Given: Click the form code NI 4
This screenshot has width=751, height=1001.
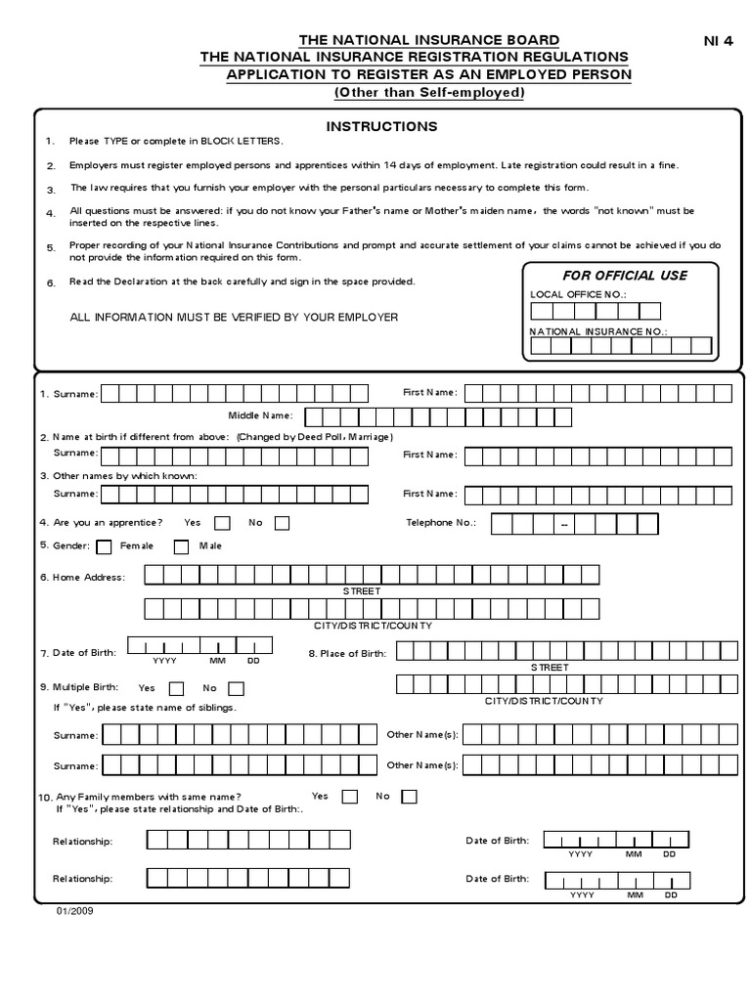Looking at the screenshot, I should (719, 40).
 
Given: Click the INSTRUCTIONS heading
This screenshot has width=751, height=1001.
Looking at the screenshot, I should (381, 126).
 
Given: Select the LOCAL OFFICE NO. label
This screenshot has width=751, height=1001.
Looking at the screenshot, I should (577, 294).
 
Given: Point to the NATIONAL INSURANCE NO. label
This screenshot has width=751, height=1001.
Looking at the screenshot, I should (598, 331).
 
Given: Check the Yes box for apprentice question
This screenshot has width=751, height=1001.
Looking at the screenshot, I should (223, 523).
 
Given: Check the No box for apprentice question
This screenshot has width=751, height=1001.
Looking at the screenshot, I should (282, 523).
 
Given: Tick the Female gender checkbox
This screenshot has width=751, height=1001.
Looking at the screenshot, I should (104, 546).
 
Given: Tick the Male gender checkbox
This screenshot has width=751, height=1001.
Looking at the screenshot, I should (181, 546).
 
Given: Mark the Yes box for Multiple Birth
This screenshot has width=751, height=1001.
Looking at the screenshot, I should (177, 688).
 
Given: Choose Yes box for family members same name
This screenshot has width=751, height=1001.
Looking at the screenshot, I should (349, 796).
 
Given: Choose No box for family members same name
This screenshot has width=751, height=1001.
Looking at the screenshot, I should (409, 796).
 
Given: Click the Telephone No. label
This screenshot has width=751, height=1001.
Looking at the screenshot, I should (441, 523).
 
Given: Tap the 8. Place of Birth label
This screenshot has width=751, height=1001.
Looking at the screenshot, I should (347, 652).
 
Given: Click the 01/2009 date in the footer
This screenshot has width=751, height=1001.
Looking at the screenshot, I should (74, 909).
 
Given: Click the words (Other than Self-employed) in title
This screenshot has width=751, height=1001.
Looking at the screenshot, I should (429, 92).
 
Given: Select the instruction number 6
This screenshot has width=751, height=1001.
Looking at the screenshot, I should (50, 283).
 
